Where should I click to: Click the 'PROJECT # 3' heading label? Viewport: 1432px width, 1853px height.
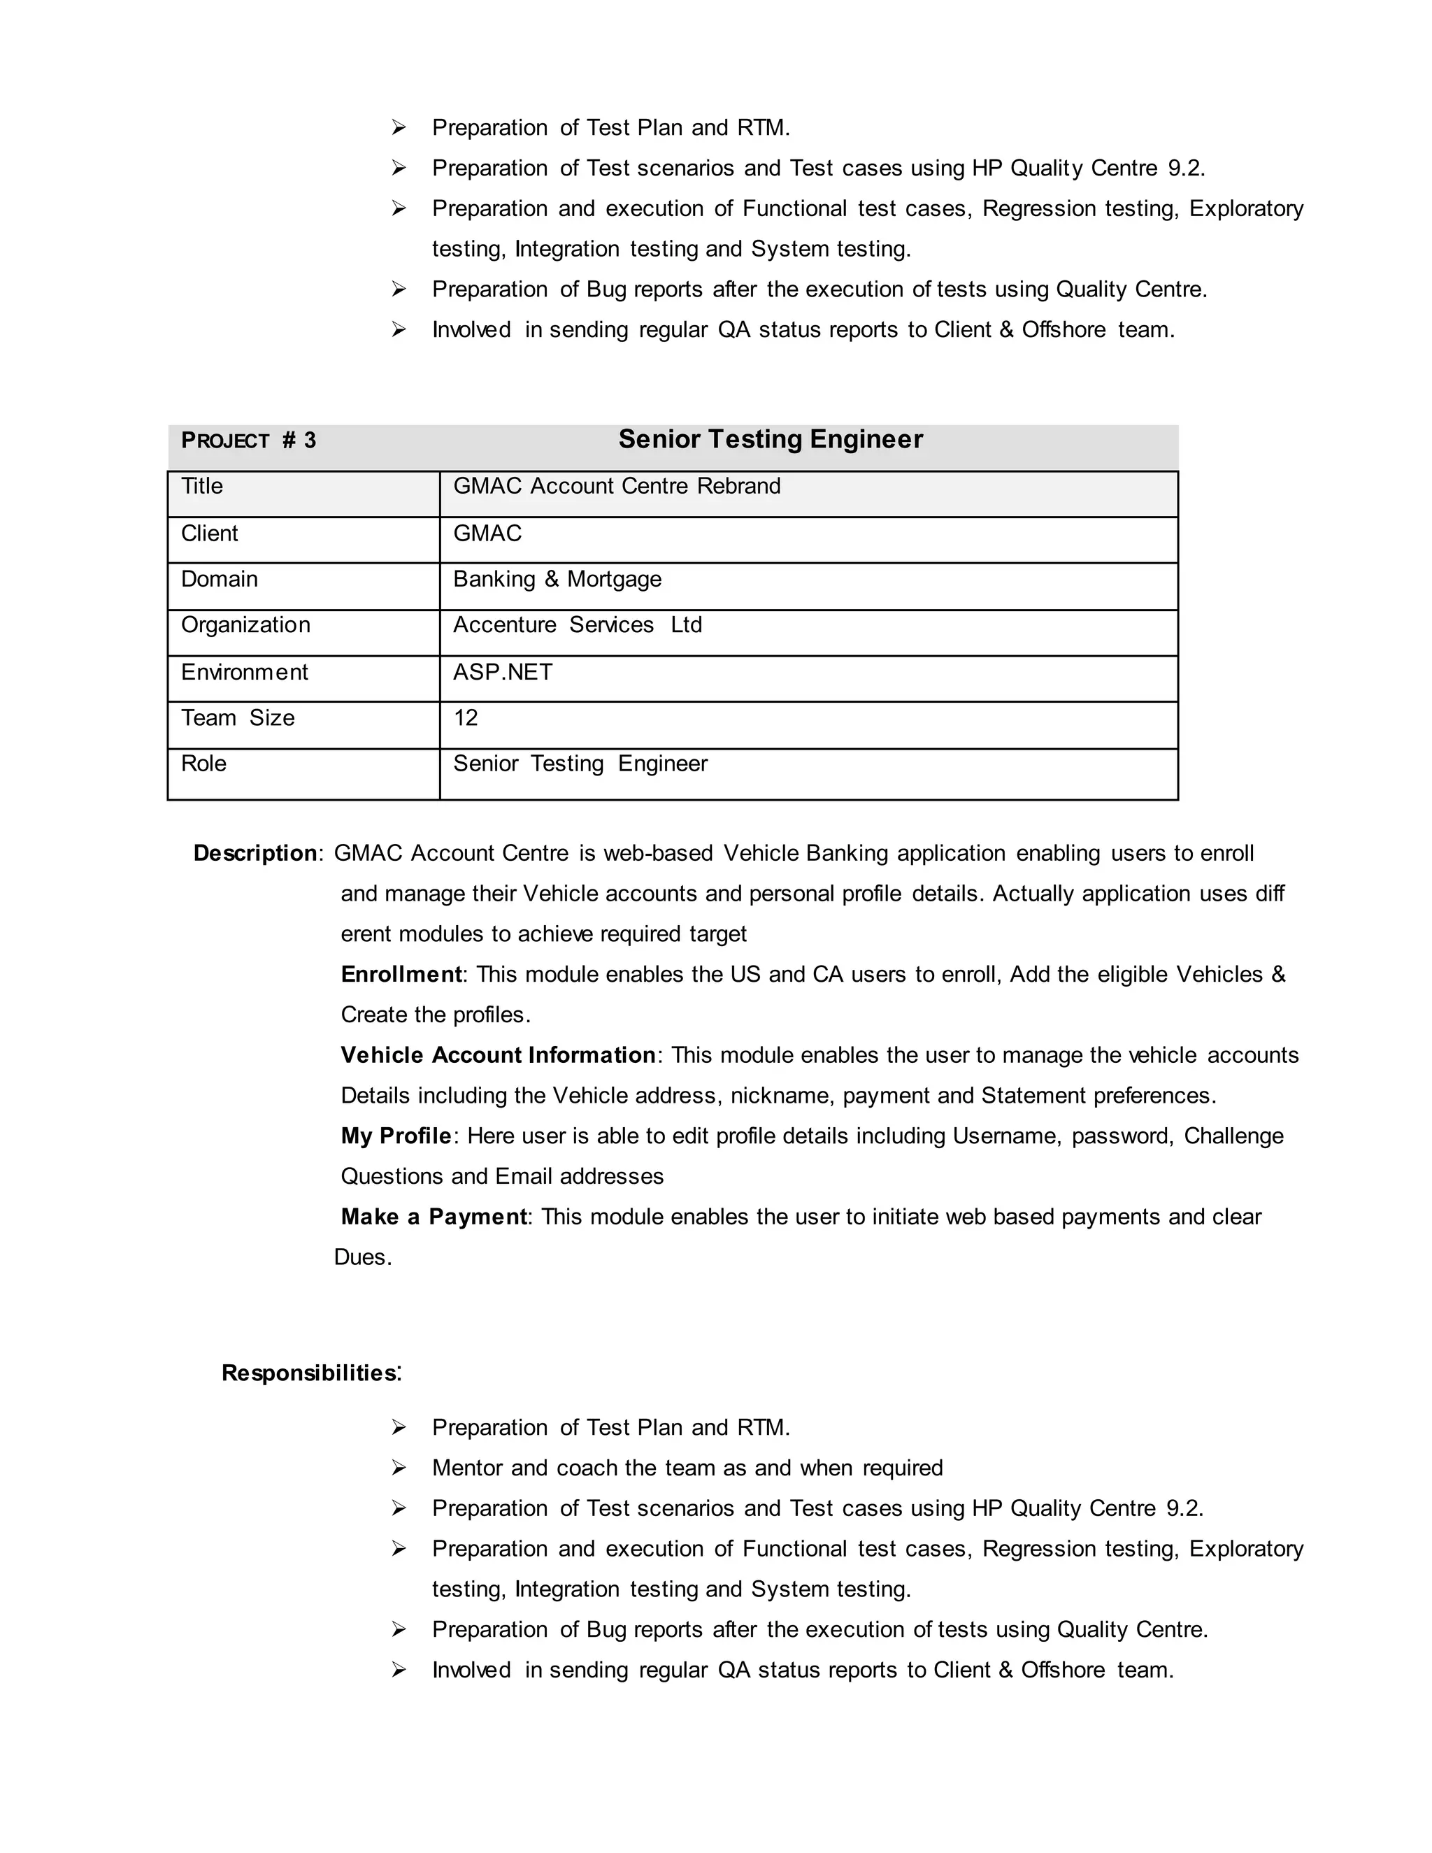pos(248,441)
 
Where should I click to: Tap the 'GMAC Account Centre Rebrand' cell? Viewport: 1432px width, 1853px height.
pos(616,486)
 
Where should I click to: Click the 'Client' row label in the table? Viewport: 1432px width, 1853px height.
pos(210,534)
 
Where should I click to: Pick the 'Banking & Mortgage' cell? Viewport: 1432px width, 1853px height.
pos(557,580)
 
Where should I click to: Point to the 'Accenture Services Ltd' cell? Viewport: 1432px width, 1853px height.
pos(577,625)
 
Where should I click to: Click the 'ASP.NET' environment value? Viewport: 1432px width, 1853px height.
pos(502,672)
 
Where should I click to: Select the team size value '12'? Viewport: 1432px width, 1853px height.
pos(465,718)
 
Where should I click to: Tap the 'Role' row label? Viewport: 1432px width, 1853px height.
pos(203,764)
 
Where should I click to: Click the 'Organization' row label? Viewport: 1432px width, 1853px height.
pos(245,625)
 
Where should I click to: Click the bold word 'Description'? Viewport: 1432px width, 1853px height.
pos(255,854)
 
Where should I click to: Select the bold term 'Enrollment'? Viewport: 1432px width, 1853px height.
pos(401,974)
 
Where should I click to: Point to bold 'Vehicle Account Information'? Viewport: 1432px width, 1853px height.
pos(498,1055)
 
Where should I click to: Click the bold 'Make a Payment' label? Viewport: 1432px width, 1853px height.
pos(434,1217)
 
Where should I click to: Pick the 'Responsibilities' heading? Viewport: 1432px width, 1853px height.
pos(309,1373)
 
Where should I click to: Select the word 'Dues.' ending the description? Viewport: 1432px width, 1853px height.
pos(363,1257)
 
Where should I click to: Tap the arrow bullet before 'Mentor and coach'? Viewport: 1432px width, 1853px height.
pos(399,1468)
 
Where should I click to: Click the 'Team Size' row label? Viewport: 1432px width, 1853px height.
pos(238,718)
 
